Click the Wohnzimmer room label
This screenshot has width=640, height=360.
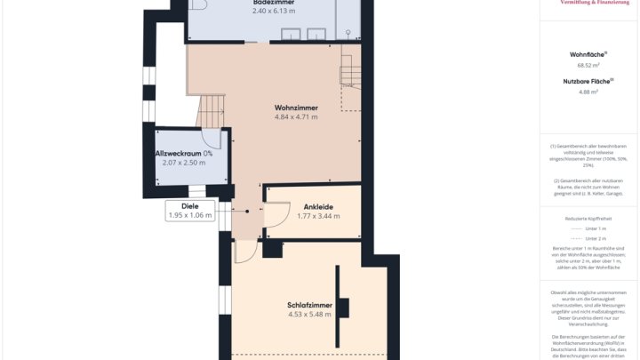tap(296, 108)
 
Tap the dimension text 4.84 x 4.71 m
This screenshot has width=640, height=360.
tap(296, 117)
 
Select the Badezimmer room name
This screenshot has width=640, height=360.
tap(273, 3)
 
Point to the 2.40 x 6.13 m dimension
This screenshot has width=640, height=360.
tap(273, 12)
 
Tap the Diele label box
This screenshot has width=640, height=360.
tap(189, 205)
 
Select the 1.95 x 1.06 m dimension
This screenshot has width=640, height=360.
tap(189, 215)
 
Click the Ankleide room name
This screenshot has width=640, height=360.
tap(318, 206)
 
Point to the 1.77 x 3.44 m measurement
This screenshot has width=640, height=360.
tap(318, 216)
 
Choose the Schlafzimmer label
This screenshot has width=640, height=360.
tap(309, 305)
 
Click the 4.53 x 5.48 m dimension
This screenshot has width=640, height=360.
tap(309, 315)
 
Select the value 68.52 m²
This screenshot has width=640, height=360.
tap(588, 65)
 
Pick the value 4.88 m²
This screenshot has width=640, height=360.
tap(588, 92)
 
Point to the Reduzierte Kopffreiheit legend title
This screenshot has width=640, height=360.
tap(588, 218)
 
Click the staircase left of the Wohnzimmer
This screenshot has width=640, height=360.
tap(211, 110)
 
